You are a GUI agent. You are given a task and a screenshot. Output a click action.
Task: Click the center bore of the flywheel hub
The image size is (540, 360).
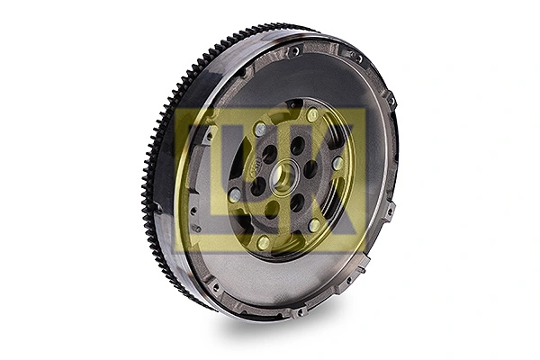tap(282, 177)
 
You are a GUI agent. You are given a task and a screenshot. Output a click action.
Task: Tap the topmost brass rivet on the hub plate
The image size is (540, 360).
tap(312, 116)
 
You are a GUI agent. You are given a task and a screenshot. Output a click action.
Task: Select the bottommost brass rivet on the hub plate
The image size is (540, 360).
tap(263, 243)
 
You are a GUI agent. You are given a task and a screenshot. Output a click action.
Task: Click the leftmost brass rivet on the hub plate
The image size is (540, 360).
tap(233, 194)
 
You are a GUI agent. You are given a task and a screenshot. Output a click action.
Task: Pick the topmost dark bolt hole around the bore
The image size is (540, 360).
tap(296, 145)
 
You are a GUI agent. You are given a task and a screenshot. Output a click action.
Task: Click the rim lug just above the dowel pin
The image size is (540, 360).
tap(389, 212)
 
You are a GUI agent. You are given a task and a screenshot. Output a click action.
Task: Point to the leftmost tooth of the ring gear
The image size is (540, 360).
tap(145, 180)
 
